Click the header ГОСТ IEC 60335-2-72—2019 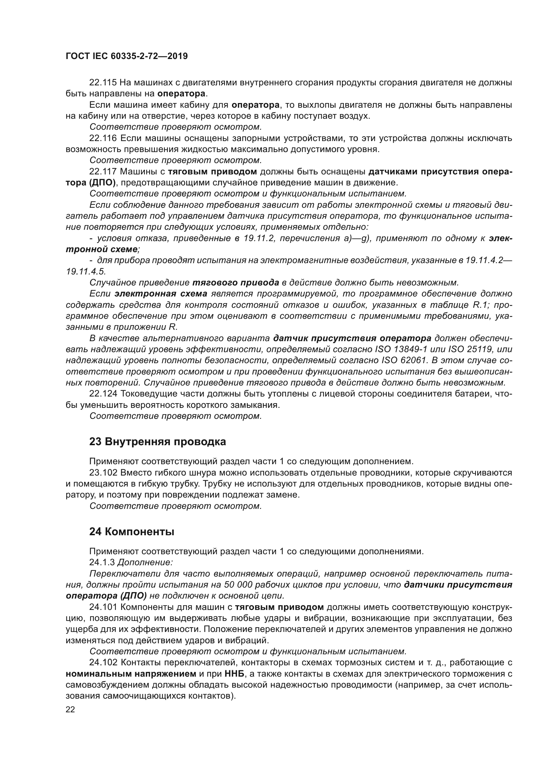pos(126,56)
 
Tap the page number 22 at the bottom pos(70,709)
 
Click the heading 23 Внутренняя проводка pos(158,442)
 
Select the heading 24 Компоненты pos(131,532)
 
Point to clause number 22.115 pos(103,83)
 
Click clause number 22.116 pos(103,138)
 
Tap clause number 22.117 pos(103,171)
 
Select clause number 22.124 pos(103,394)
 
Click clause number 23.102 pos(103,473)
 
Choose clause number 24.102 pos(103,663)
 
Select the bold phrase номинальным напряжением pos(131,674)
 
